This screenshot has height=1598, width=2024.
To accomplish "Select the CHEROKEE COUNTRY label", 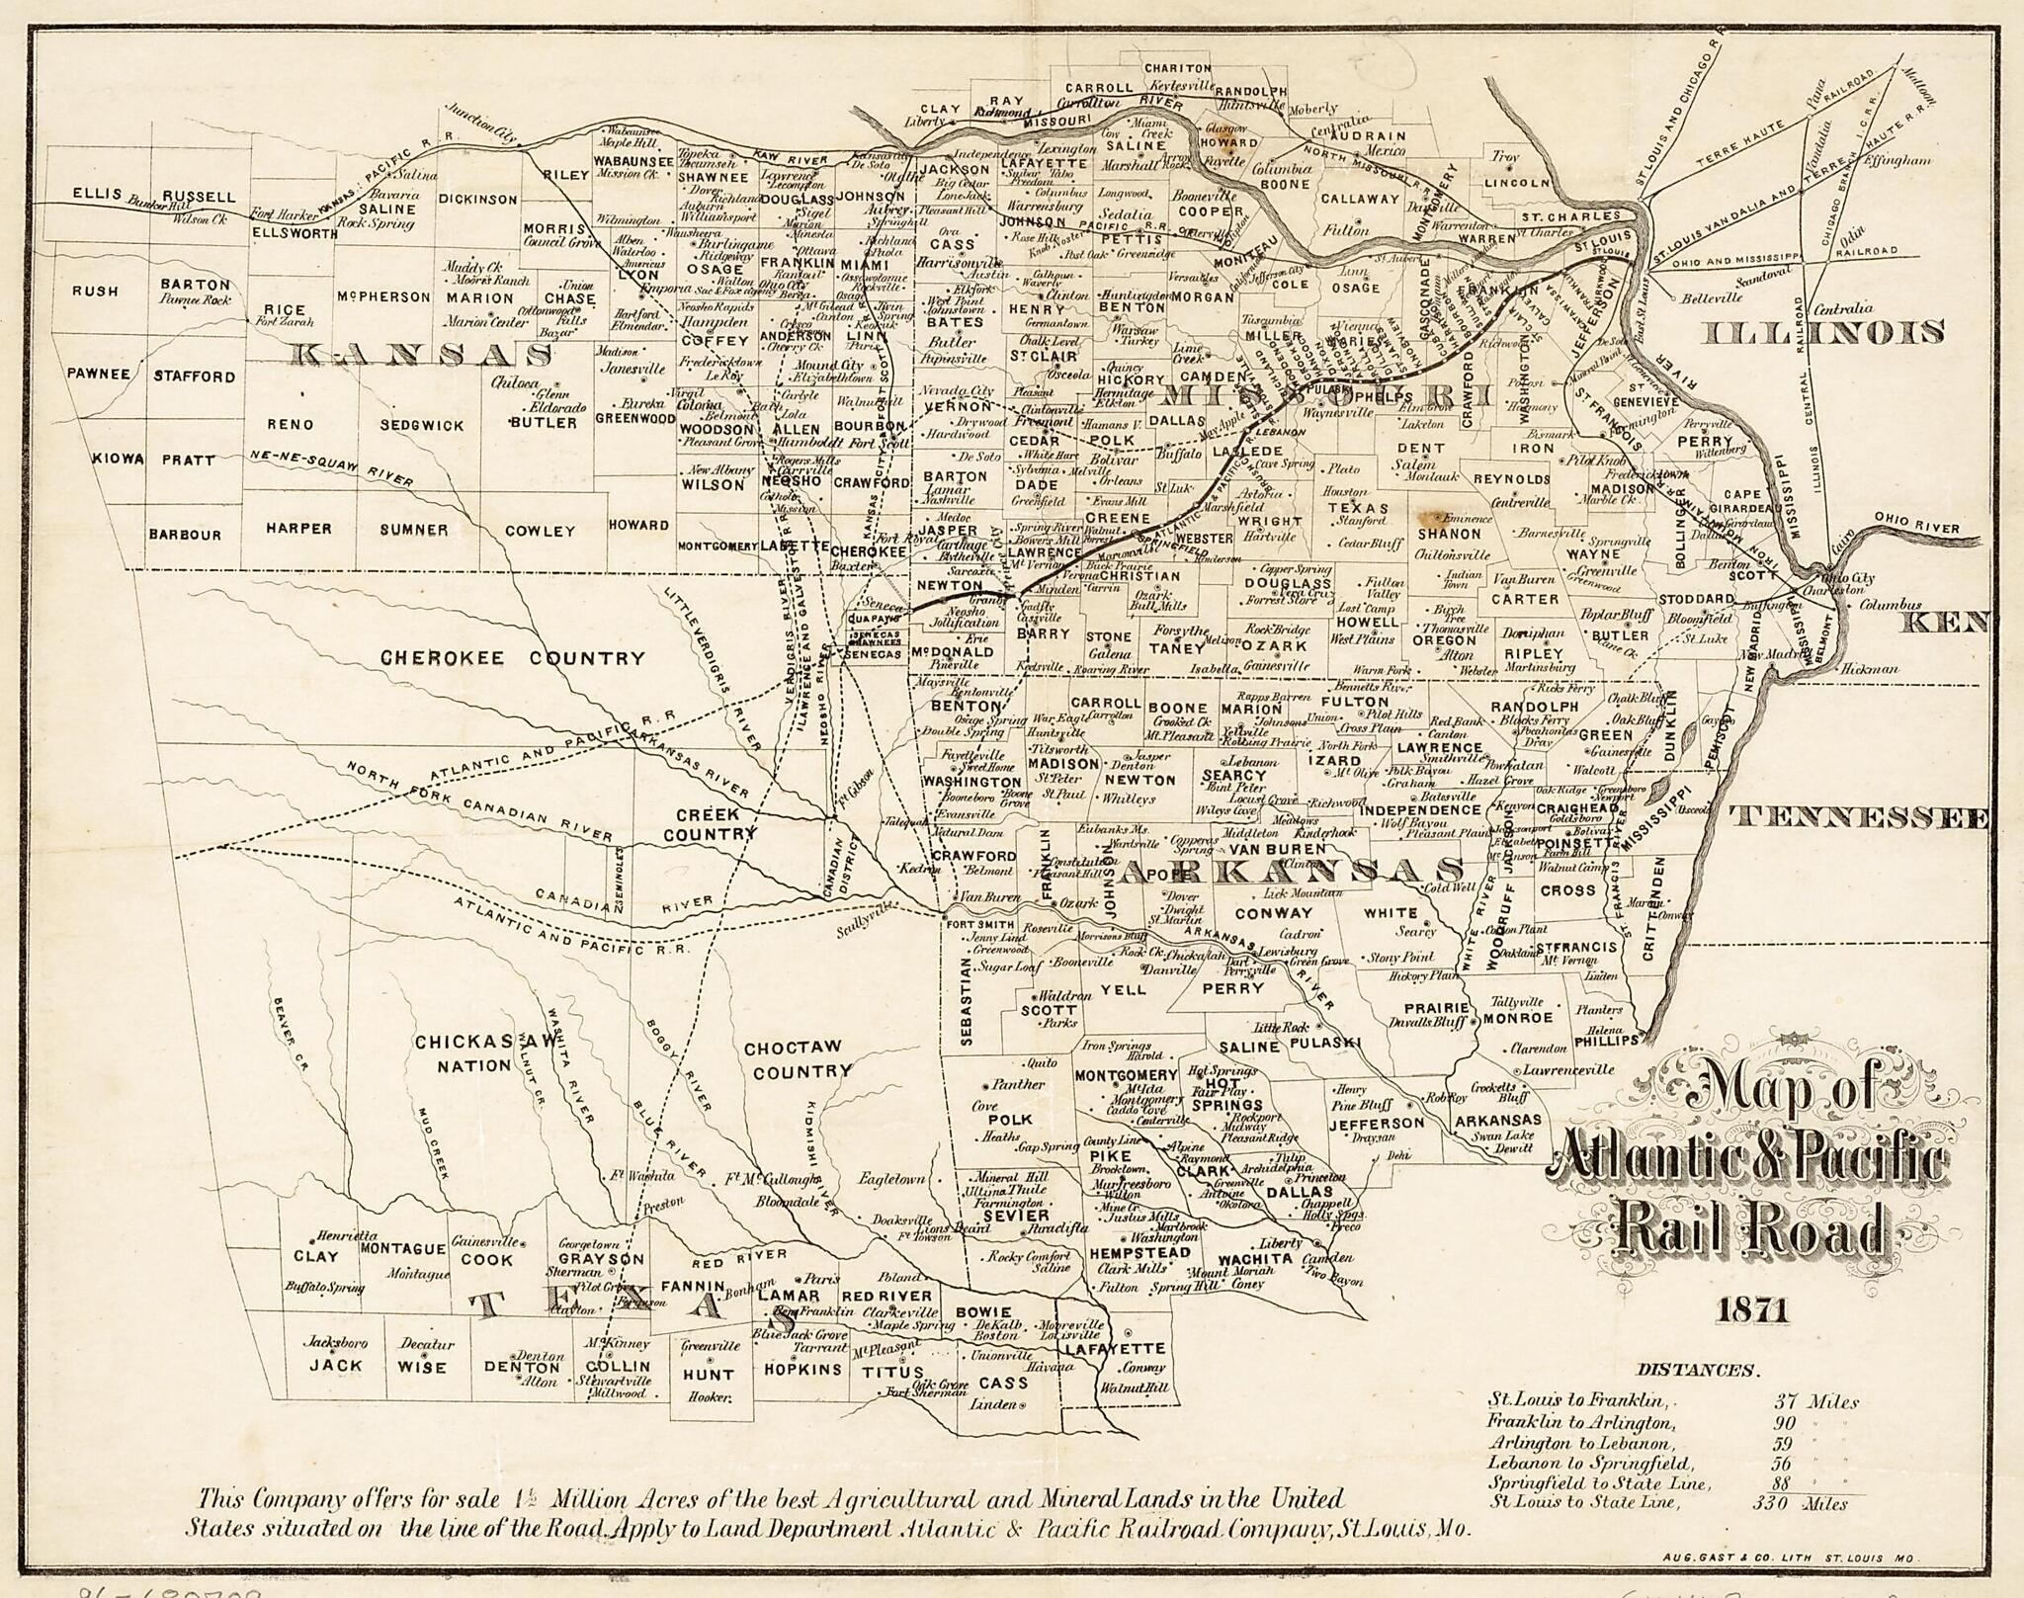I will click(x=512, y=658).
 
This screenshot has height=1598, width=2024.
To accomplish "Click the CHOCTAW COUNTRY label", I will click(x=798, y=1059).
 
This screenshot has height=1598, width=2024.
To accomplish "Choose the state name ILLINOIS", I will click(x=1825, y=334).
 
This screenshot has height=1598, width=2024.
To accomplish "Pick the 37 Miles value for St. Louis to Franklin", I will click(x=1814, y=1402).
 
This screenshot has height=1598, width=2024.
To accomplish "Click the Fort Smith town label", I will click(x=974, y=925).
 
